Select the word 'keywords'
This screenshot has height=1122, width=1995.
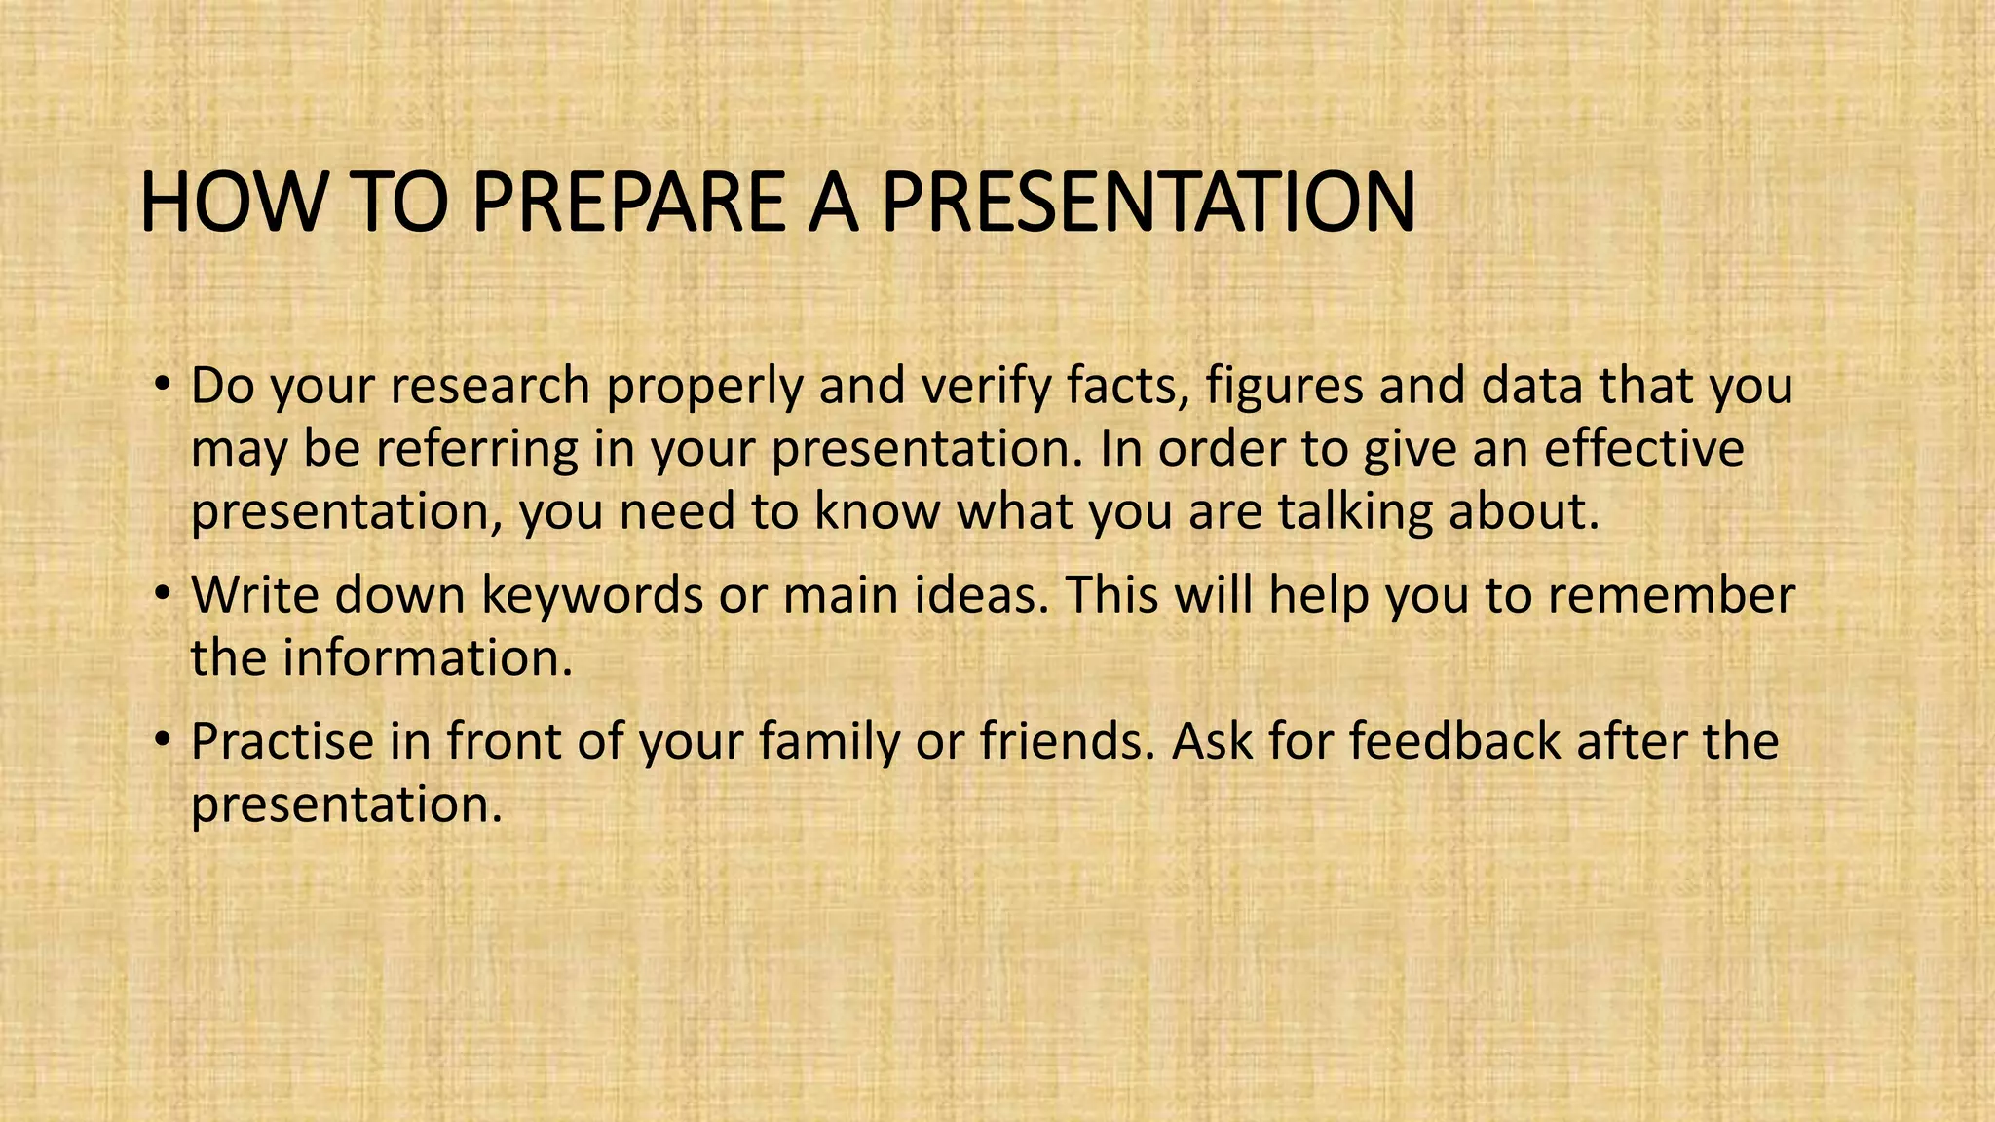(592, 596)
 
